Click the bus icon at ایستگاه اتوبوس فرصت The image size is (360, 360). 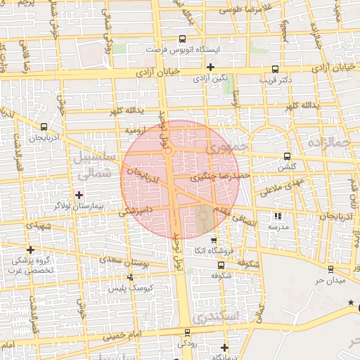[x=183, y=39]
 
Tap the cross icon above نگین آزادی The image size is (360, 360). [x=210, y=67]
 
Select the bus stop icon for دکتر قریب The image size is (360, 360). [x=274, y=69]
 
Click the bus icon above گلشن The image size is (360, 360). [x=286, y=156]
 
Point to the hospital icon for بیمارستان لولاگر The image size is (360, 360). [x=78, y=194]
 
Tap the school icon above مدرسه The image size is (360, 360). [x=277, y=217]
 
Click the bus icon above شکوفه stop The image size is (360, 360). [x=221, y=265]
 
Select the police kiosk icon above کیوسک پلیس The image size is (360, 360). [x=130, y=277]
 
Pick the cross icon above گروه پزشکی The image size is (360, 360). [x=30, y=250]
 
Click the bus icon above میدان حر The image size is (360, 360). [x=329, y=269]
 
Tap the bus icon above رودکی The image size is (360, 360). [x=187, y=333]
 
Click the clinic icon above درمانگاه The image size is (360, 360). [x=224, y=347]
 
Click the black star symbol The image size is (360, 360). [x=352, y=302]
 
